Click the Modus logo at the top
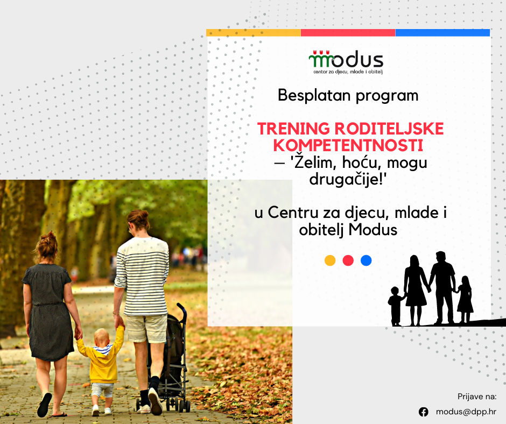346,62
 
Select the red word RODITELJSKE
389,129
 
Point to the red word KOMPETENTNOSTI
348,145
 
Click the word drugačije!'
348,179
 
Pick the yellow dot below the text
330,260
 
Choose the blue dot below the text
366,260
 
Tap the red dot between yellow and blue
348,260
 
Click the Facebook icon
424,412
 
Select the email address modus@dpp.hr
466,412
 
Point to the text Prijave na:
477,397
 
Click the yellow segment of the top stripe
254,33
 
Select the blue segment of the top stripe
442,33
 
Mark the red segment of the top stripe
348,33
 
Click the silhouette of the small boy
396,306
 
